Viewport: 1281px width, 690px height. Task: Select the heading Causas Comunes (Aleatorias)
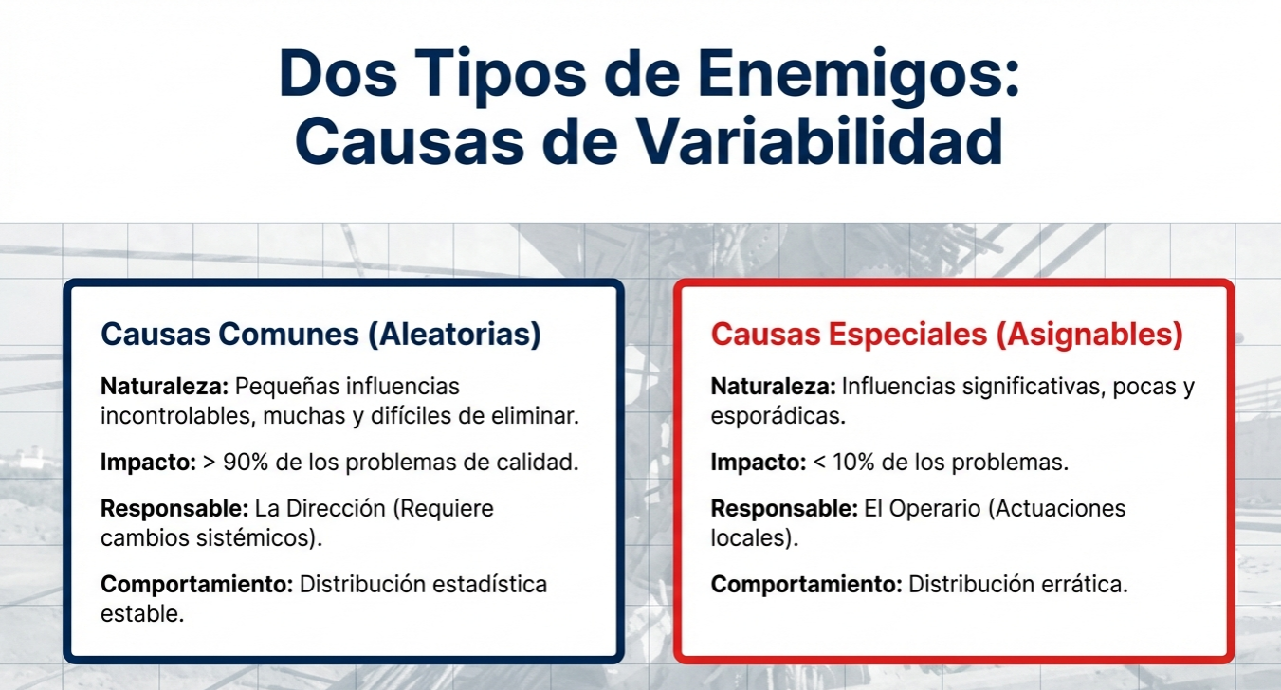(x=320, y=335)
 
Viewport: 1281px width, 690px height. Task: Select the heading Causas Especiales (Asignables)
(x=946, y=335)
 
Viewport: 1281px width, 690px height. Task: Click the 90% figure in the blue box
(x=246, y=462)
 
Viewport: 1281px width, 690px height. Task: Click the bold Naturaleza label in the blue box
(x=165, y=387)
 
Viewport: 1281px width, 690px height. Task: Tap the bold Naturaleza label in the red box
(x=774, y=387)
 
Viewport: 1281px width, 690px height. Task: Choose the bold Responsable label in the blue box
(x=174, y=508)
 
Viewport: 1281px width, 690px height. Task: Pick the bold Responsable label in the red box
(x=784, y=508)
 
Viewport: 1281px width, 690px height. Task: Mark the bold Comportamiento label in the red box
(x=806, y=584)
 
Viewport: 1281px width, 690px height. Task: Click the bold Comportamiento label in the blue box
(x=196, y=584)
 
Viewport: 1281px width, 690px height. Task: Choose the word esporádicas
(x=778, y=416)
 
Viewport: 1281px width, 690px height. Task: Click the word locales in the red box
(x=751, y=538)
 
